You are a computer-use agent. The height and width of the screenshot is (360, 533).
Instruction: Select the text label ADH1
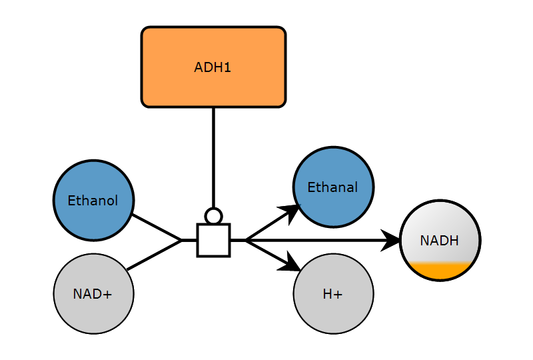(x=213, y=67)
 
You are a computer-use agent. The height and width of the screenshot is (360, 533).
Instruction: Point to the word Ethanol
(x=93, y=201)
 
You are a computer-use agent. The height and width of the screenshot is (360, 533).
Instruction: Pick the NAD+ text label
(x=93, y=294)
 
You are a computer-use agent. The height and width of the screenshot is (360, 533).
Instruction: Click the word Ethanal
(x=332, y=188)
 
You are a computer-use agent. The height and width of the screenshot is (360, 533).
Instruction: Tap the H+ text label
(x=332, y=294)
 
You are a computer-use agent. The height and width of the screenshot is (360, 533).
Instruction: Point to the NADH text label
(x=440, y=241)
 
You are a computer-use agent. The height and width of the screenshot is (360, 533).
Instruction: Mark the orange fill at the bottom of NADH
(x=440, y=270)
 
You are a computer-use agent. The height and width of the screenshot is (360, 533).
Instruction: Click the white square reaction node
(x=213, y=240)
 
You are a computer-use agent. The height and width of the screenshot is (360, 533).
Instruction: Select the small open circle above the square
(x=213, y=216)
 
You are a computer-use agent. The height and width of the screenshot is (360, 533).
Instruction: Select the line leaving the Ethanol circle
(x=157, y=227)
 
